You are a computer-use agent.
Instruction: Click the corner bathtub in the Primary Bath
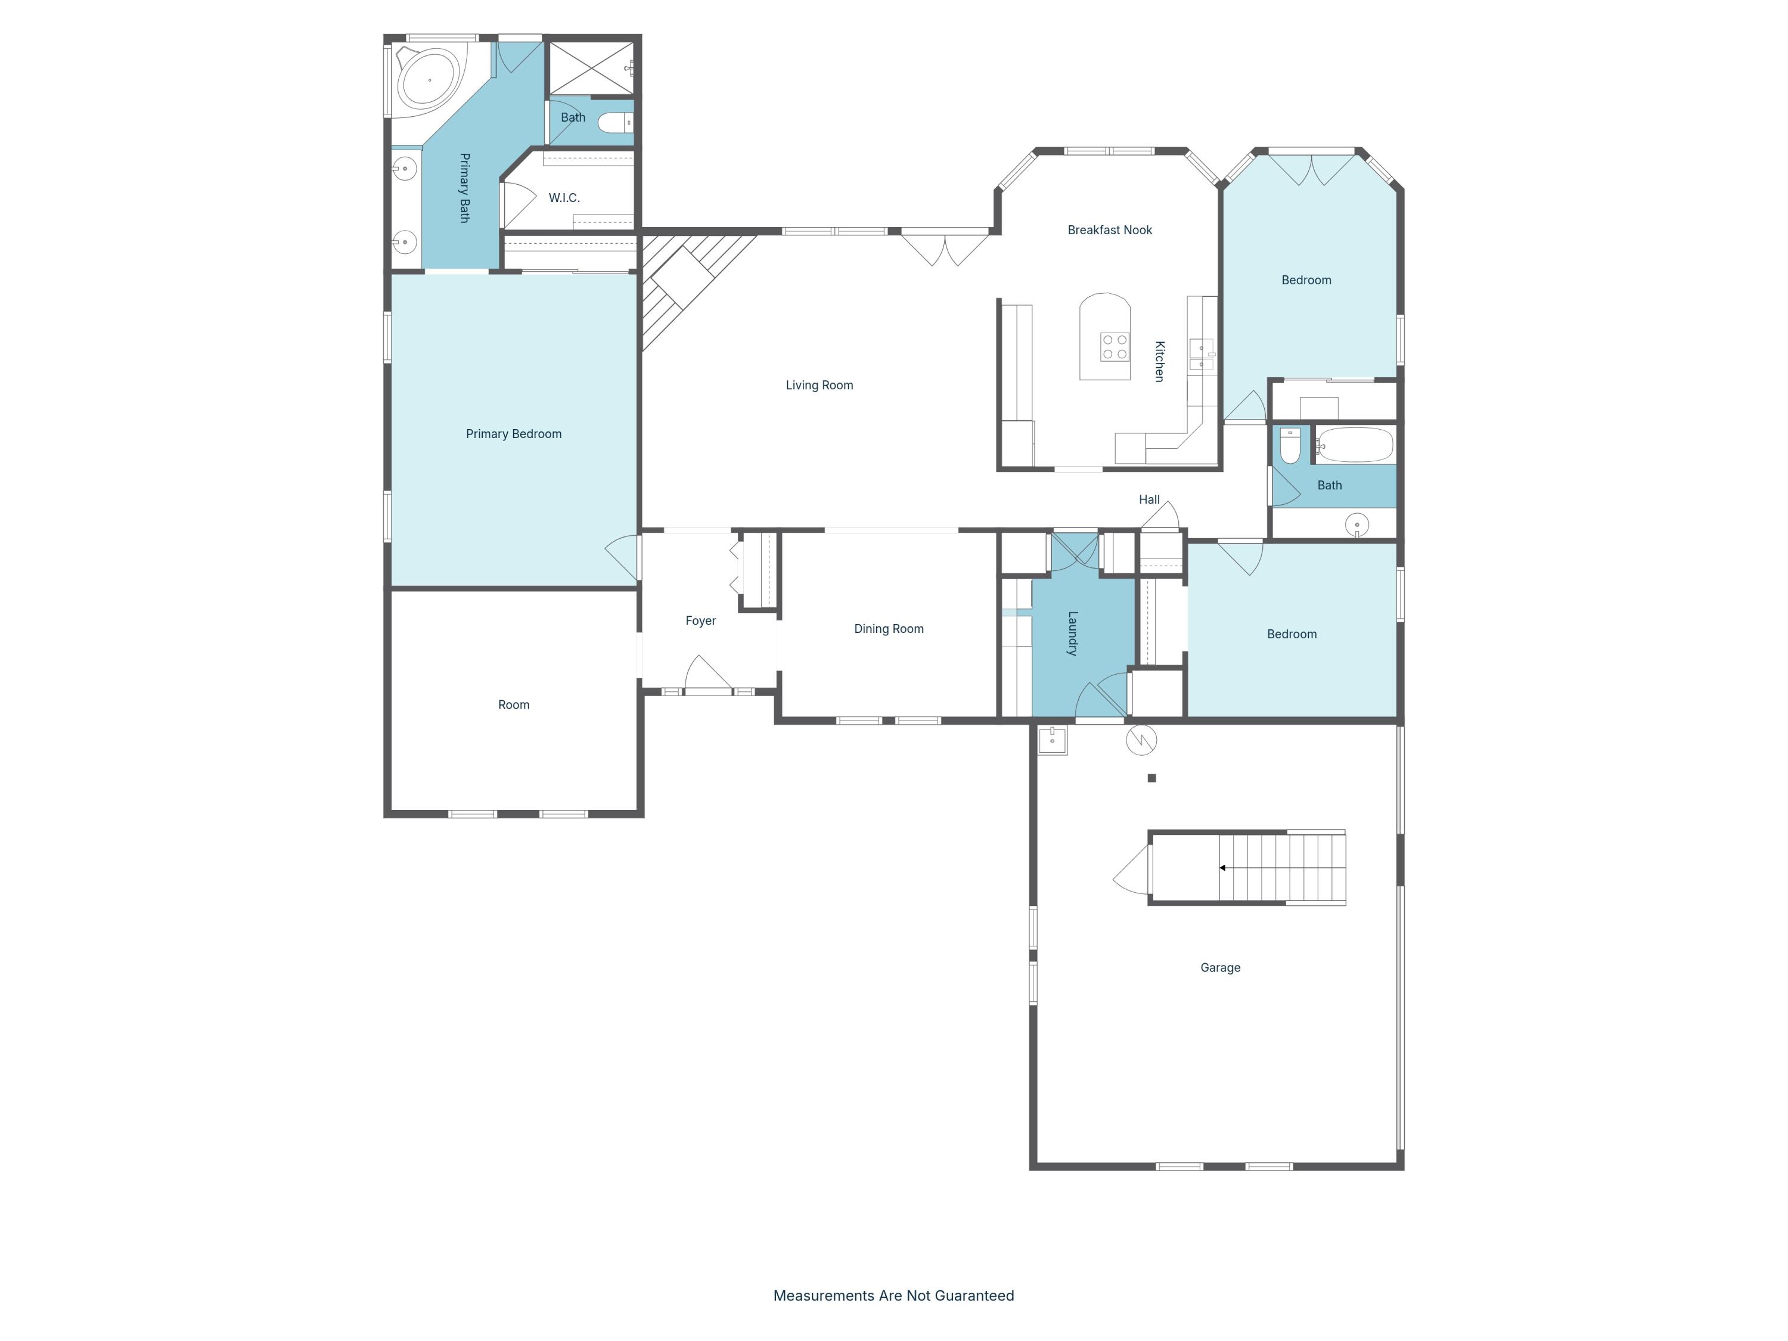[429, 79]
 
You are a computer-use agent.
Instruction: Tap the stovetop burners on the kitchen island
[1115, 347]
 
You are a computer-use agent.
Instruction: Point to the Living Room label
[819, 386]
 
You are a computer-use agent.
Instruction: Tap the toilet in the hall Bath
[1290, 445]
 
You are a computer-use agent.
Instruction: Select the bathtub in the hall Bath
[1355, 445]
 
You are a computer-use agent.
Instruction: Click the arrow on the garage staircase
[1223, 867]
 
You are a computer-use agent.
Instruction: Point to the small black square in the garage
[1152, 778]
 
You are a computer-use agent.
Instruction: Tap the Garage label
[1220, 967]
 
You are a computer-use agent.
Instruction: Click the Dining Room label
[889, 629]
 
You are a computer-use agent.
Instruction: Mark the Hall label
[1148, 499]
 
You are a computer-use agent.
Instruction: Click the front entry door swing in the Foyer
[707, 674]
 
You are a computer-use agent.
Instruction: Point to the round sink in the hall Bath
[1356, 524]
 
